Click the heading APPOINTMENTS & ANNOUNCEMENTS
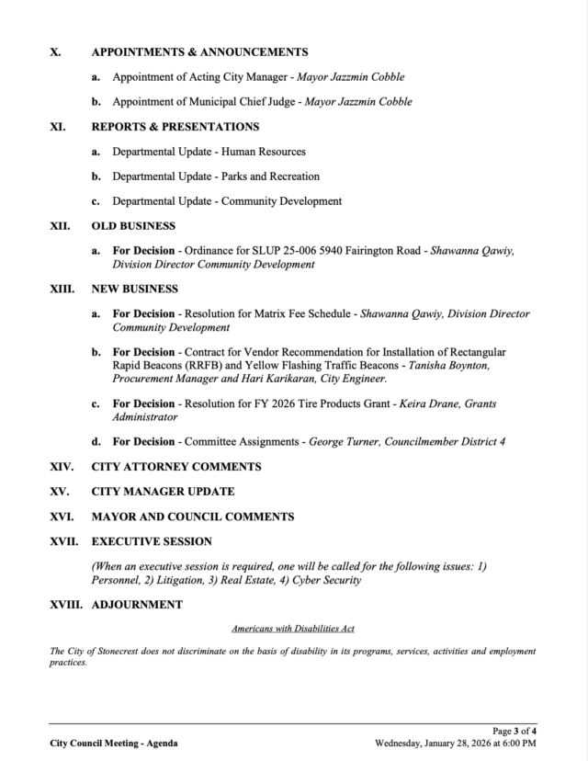click(x=199, y=52)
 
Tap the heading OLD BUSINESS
click(x=133, y=225)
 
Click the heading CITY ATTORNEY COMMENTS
click(x=176, y=467)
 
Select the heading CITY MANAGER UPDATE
click(x=163, y=492)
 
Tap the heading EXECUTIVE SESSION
click(x=152, y=541)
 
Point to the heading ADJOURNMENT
click(x=137, y=605)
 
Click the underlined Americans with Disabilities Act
click(x=293, y=629)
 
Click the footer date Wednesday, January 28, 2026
click(x=442, y=743)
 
